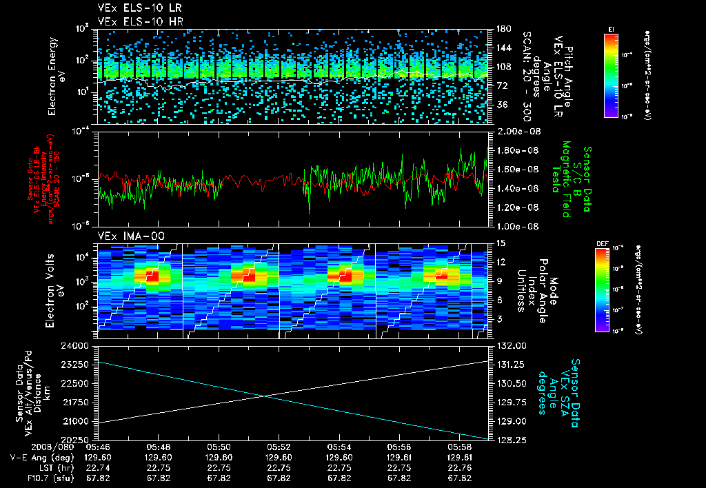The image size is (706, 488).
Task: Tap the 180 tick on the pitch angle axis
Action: [x=501, y=29]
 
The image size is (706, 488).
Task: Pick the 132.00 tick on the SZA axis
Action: [x=510, y=345]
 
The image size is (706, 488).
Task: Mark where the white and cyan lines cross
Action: [x=266, y=396]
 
